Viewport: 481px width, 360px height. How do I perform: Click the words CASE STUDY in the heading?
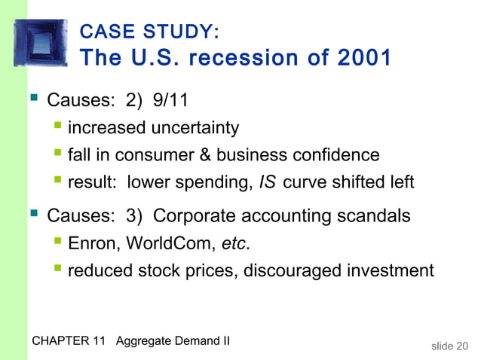coord(149,32)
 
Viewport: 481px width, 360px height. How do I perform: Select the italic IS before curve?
coord(268,182)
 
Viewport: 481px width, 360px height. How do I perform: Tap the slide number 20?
coord(461,346)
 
